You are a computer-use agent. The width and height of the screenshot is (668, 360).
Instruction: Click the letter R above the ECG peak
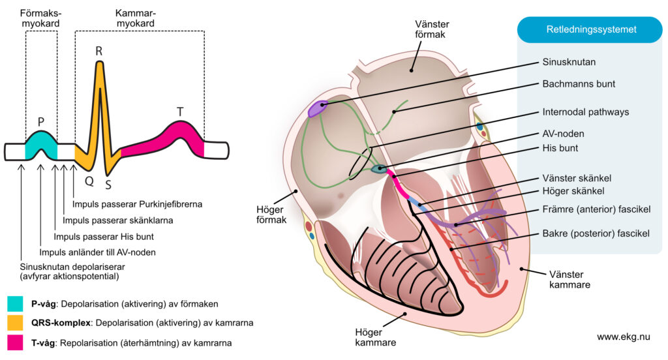pyautogui.click(x=99, y=51)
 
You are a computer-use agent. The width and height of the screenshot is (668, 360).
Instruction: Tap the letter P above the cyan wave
pyautogui.click(x=40, y=122)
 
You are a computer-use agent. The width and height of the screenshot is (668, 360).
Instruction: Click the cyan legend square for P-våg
pyautogui.click(x=15, y=304)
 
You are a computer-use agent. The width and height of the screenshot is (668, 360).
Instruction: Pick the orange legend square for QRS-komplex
pyautogui.click(x=15, y=323)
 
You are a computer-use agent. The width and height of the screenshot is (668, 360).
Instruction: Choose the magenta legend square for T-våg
pyautogui.click(x=15, y=342)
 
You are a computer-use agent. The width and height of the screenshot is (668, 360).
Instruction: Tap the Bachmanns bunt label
pyautogui.click(x=579, y=84)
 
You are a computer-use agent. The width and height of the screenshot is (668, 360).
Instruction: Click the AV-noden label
pyautogui.click(x=563, y=133)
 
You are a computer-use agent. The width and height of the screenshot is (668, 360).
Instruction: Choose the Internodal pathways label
pyautogui.click(x=585, y=112)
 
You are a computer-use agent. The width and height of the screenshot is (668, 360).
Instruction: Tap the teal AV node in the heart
pyautogui.click(x=378, y=170)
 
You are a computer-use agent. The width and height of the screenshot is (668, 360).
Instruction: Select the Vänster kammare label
pyautogui.click(x=566, y=280)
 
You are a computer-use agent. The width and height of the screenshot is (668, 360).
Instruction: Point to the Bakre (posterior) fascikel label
pyautogui.click(x=596, y=233)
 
